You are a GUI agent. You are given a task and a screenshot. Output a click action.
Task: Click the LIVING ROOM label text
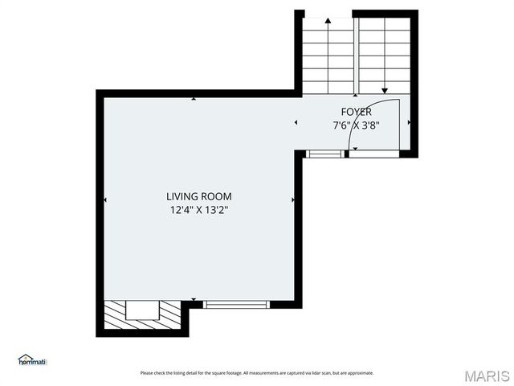(198, 196)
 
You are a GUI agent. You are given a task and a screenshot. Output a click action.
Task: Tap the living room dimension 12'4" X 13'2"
(198, 210)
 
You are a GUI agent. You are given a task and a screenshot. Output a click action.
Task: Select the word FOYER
(356, 112)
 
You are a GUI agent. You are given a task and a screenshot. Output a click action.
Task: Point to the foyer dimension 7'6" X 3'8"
(356, 125)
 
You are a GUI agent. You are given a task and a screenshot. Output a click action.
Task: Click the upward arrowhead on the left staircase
(328, 20)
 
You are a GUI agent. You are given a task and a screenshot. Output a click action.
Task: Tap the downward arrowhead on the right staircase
(385, 91)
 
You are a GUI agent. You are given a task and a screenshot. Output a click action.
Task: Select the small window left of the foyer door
(324, 153)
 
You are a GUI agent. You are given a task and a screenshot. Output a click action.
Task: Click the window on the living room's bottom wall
(236, 305)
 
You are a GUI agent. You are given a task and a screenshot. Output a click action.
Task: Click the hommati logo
(33, 360)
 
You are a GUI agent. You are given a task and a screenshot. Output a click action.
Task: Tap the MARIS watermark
(486, 376)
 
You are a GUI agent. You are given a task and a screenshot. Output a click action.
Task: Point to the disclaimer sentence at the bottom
(257, 373)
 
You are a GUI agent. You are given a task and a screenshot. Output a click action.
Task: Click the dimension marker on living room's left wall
(105, 199)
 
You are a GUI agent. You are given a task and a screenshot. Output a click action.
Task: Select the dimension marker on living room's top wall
(194, 99)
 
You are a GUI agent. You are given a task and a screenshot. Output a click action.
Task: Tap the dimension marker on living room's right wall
(293, 199)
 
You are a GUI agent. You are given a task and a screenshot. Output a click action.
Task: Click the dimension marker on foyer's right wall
(409, 123)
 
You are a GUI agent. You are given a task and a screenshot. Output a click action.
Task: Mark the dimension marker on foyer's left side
(296, 123)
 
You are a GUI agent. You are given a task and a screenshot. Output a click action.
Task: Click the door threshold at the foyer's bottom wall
(373, 153)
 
